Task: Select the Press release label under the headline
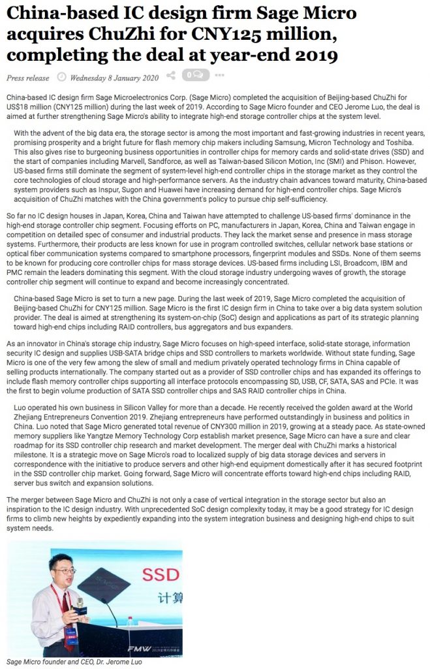click(x=27, y=78)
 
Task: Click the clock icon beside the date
click(x=62, y=77)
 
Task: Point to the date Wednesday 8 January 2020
click(x=115, y=78)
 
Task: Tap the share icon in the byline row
click(x=171, y=76)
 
